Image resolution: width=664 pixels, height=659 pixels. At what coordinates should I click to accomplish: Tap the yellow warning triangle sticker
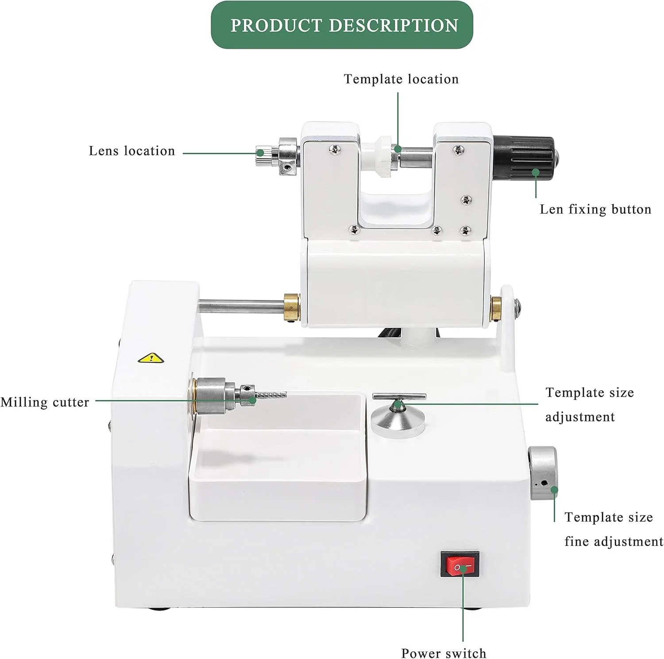click(151, 358)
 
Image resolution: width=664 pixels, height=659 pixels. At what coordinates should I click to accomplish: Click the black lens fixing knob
click(524, 158)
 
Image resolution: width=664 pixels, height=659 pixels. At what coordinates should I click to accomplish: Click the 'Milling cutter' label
click(45, 402)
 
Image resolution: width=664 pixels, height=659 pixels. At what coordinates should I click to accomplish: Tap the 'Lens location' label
click(132, 151)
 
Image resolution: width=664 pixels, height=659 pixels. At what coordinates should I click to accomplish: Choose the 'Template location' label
click(401, 79)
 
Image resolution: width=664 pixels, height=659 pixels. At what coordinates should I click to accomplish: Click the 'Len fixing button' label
click(595, 209)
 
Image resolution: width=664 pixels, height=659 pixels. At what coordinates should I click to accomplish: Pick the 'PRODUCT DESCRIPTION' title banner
click(342, 25)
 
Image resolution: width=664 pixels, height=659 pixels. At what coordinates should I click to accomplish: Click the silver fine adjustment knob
click(543, 473)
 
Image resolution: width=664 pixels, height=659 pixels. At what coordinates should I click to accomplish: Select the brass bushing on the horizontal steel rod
click(292, 306)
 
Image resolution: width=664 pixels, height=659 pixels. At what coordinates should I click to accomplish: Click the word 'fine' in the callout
click(576, 542)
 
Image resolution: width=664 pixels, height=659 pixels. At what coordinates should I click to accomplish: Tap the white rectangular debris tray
click(278, 461)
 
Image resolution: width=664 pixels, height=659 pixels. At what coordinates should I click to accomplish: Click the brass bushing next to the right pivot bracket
click(496, 308)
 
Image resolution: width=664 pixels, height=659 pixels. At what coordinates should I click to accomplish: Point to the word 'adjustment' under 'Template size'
click(580, 417)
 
